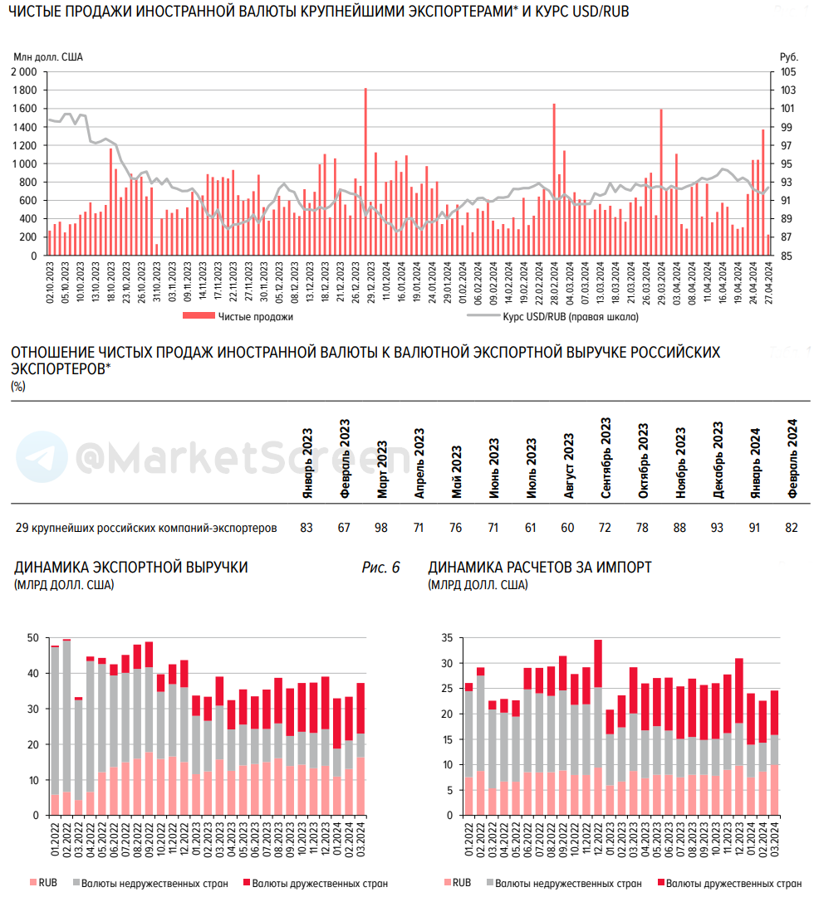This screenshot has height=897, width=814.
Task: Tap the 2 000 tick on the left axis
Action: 24,71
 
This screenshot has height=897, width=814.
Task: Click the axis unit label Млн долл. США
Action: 48,56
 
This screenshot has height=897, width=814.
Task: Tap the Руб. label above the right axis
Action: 787,56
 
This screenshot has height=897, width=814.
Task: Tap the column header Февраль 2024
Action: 792,461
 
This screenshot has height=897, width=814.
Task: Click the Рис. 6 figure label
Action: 381,568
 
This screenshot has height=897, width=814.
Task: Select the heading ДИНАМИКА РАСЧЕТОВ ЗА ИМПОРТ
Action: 540,568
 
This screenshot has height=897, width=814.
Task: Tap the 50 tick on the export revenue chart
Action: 33,637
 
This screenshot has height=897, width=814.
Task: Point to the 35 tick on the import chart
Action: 447,637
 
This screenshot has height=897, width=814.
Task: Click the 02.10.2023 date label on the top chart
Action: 50,283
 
